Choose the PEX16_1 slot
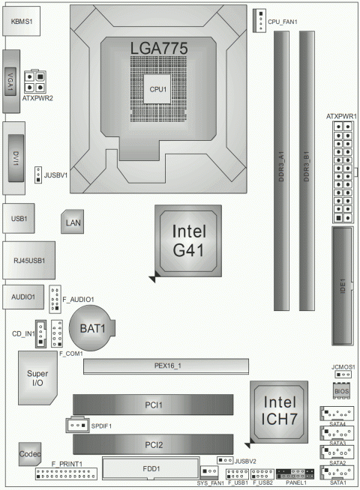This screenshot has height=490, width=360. click(x=165, y=366)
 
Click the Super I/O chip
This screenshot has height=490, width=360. click(x=32, y=379)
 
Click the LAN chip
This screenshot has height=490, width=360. click(x=73, y=222)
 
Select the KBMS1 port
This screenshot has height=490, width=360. click(x=21, y=23)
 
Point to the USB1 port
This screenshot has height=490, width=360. click(x=19, y=218)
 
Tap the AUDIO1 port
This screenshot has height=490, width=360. click(x=22, y=297)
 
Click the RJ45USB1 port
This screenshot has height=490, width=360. click(x=24, y=260)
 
